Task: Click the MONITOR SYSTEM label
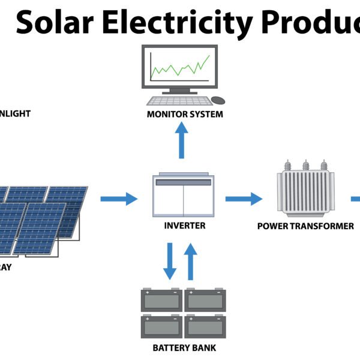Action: [185, 114]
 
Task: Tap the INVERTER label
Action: [185, 226]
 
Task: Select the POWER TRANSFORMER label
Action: [305, 226]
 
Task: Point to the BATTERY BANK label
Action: [184, 347]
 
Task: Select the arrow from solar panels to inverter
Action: [118, 198]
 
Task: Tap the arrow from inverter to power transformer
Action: [244, 198]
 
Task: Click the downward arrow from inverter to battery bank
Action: [170, 261]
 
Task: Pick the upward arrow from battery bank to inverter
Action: [191, 261]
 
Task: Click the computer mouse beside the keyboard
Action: [218, 100]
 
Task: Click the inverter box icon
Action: [184, 196]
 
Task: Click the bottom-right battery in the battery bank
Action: [206, 326]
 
